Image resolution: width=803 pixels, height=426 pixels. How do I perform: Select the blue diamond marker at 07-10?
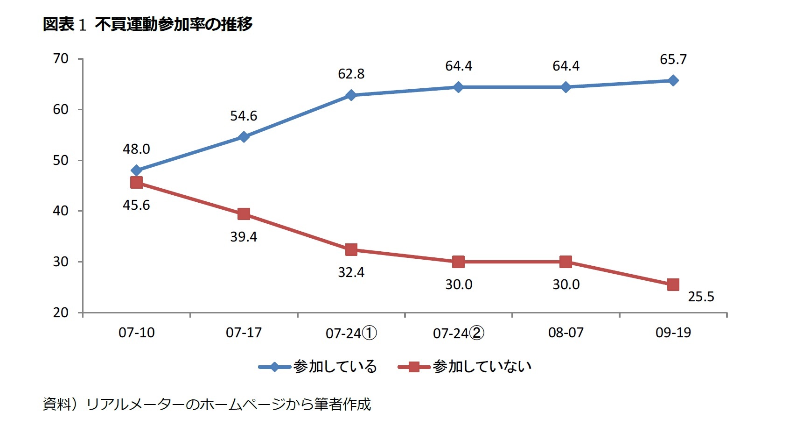(136, 170)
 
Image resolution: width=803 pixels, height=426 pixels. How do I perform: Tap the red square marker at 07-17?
(244, 214)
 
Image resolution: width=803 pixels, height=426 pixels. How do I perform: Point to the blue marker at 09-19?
(673, 80)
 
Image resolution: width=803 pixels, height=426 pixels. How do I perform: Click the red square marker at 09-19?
(673, 284)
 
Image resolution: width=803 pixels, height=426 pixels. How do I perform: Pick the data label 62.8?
(351, 74)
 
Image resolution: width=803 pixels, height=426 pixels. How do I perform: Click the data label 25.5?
(701, 297)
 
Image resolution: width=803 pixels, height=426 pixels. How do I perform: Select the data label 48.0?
(136, 149)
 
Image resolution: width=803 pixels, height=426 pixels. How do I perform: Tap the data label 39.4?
(244, 237)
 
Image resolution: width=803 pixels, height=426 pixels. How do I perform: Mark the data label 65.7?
(673, 59)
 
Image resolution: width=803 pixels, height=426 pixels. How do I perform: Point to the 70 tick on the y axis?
(61, 59)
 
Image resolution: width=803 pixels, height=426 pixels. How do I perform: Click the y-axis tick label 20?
(61, 312)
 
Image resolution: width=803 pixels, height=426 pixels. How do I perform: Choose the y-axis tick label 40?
(61, 211)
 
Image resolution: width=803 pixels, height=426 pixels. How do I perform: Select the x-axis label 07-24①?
(351, 333)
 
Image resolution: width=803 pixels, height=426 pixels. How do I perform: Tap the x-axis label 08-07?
(566, 333)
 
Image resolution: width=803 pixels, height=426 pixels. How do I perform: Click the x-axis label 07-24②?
(458, 333)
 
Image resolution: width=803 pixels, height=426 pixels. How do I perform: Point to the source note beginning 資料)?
(207, 404)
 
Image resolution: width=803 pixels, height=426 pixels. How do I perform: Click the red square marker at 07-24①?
(351, 249)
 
